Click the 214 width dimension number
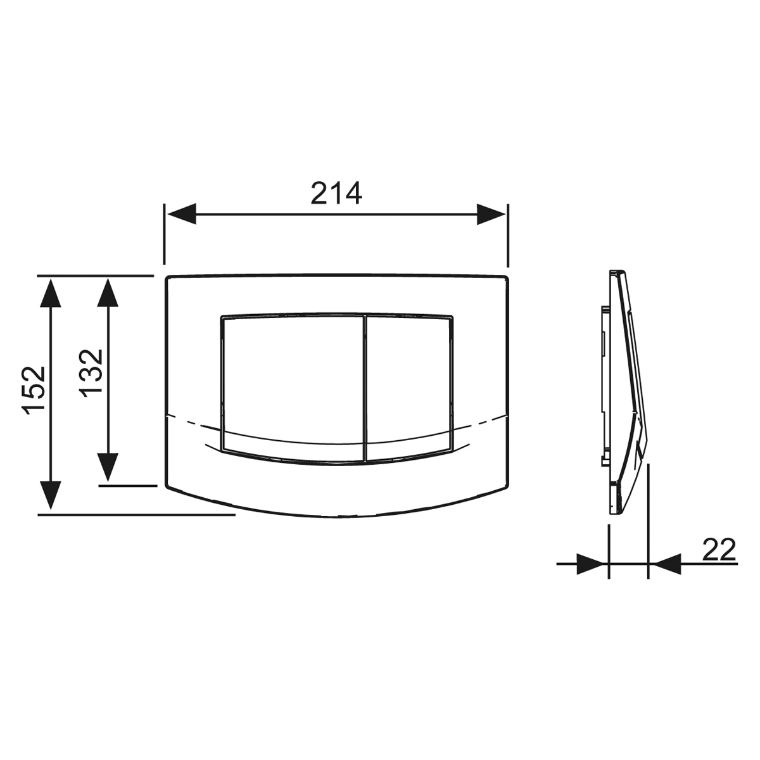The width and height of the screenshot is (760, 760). click(x=336, y=193)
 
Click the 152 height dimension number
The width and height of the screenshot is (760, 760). click(x=34, y=391)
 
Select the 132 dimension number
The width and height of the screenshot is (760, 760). click(x=91, y=373)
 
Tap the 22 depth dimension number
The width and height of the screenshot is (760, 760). click(x=719, y=549)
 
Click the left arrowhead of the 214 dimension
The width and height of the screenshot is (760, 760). click(x=182, y=214)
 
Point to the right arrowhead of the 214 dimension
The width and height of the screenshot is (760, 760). click(x=491, y=214)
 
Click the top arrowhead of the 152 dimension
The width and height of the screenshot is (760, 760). click(x=51, y=293)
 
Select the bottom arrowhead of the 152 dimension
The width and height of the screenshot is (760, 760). click(x=51, y=496)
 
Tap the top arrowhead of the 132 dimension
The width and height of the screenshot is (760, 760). click(x=108, y=293)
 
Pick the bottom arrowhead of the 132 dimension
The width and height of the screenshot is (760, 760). click(x=108, y=467)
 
